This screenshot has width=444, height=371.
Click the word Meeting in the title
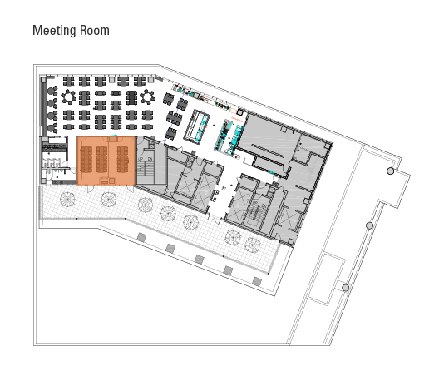point(55,31)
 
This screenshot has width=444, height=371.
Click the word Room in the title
point(95,30)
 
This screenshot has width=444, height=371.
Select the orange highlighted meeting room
point(106,161)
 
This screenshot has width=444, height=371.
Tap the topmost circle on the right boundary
point(390,171)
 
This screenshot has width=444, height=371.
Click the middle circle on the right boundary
point(369,225)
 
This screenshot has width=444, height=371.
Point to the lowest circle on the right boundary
point(345,288)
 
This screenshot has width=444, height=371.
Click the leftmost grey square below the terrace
point(141,237)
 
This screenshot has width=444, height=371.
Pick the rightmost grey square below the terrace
point(257,281)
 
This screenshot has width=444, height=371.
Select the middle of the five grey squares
point(200,260)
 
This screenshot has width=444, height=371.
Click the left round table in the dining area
point(68,96)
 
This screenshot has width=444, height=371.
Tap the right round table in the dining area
point(147,96)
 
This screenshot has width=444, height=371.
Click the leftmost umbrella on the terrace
point(67,199)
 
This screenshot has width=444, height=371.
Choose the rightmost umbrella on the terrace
point(252,245)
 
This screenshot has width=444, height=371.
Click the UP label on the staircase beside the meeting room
point(141,159)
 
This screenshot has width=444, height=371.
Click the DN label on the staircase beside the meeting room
point(150,159)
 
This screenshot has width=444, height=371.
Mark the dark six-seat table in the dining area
point(131,97)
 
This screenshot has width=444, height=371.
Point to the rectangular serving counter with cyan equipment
point(198,126)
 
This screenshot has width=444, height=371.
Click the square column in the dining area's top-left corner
point(43,80)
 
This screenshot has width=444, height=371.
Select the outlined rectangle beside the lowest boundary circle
point(326,279)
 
